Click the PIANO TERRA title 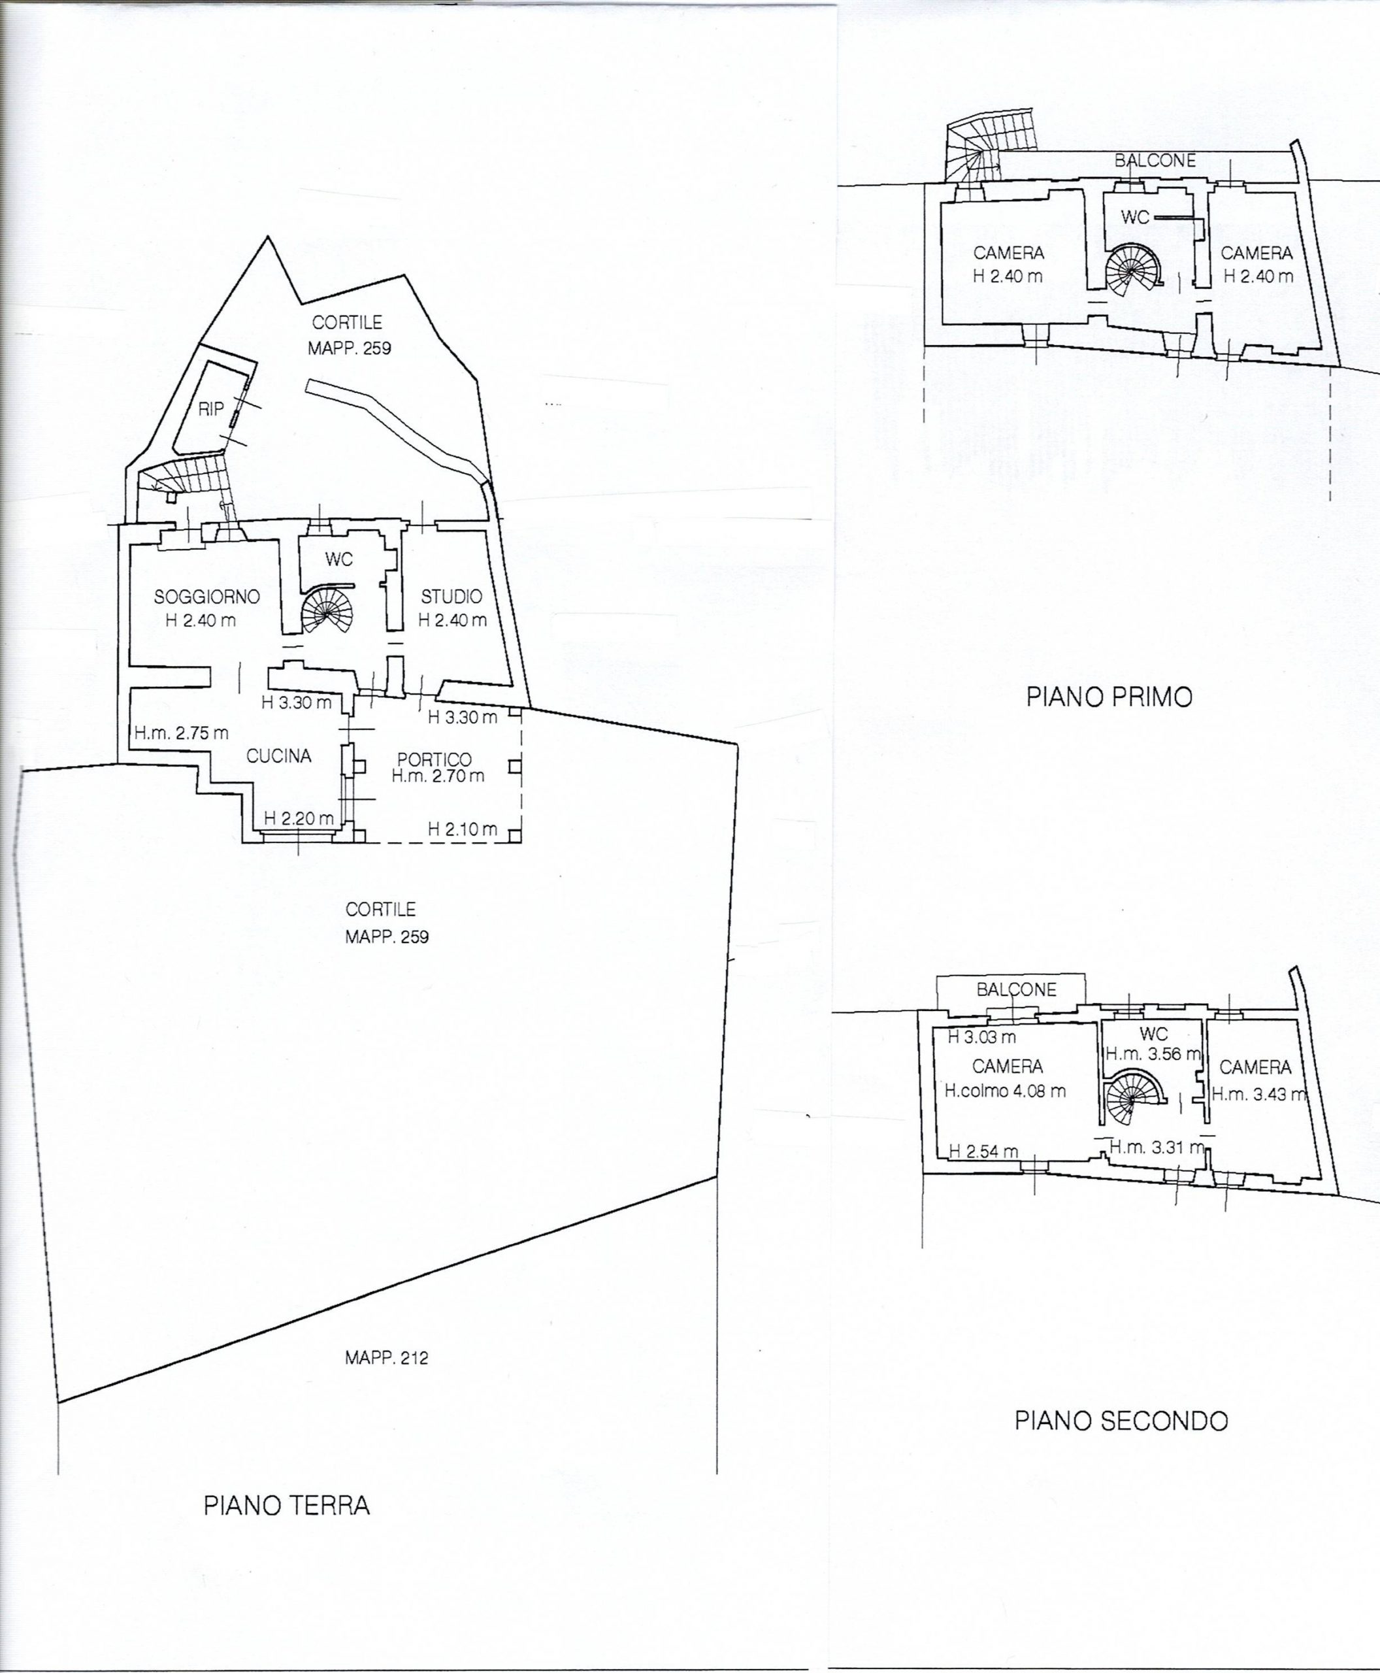click(x=287, y=1505)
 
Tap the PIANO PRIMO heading click(x=1109, y=697)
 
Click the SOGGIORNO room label click(x=206, y=597)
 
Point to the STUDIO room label click(x=452, y=597)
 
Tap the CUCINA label click(x=278, y=756)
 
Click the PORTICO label click(x=434, y=759)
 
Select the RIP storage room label click(x=210, y=410)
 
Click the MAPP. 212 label click(x=386, y=1358)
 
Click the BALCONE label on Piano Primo click(x=1155, y=161)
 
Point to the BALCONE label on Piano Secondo click(x=1017, y=989)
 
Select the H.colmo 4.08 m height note click(x=1006, y=1091)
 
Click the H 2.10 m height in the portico click(x=463, y=829)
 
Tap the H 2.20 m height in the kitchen click(x=298, y=818)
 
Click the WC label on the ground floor click(x=338, y=560)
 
